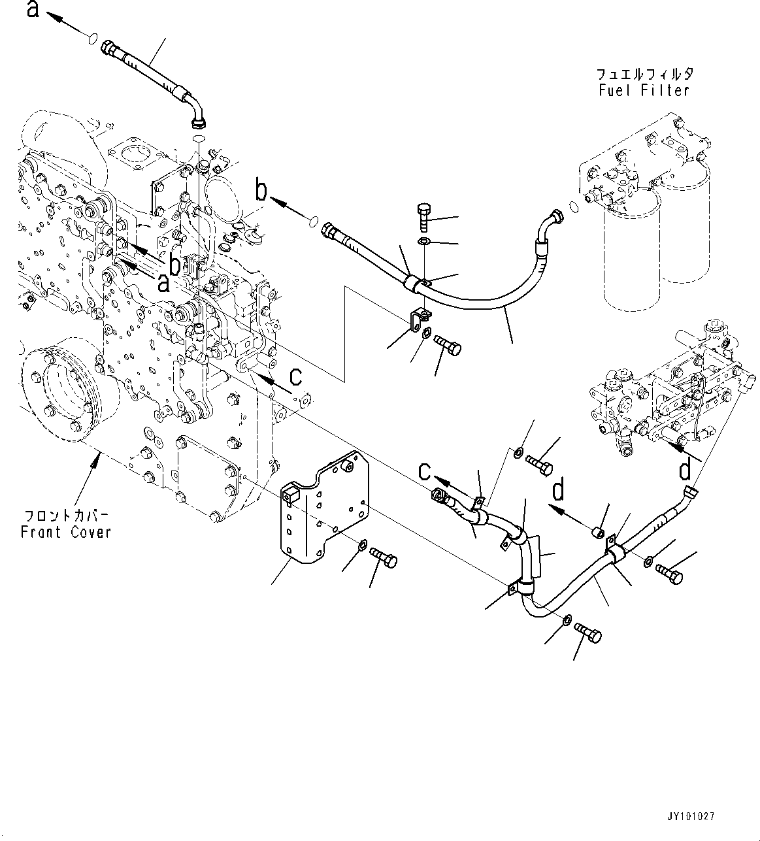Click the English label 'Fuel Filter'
[644, 90]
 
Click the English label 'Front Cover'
[65, 532]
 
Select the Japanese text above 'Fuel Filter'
[644, 74]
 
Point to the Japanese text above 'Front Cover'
[65, 514]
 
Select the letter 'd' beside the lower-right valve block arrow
[684, 469]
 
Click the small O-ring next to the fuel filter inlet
[574, 207]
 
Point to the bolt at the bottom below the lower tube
[587, 633]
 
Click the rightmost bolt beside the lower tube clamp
[668, 573]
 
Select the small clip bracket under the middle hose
[417, 322]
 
